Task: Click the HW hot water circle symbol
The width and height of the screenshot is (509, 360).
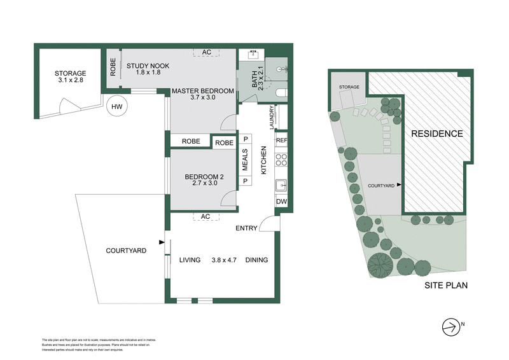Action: (x=116, y=106)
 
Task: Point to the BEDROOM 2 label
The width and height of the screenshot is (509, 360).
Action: (x=205, y=180)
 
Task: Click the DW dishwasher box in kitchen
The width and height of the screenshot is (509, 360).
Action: (x=281, y=202)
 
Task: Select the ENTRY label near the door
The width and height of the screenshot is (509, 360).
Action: (x=246, y=228)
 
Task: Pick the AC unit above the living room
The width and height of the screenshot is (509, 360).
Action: (x=205, y=217)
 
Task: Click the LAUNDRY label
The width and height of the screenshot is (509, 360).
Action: (x=272, y=118)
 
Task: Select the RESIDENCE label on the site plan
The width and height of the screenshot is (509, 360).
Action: (x=436, y=134)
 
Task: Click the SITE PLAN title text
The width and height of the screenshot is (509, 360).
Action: (x=446, y=286)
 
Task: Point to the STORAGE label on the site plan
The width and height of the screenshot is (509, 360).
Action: (x=349, y=87)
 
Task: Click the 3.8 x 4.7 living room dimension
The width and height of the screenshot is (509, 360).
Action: (x=223, y=260)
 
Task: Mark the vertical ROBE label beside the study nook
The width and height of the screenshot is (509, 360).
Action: (x=113, y=68)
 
